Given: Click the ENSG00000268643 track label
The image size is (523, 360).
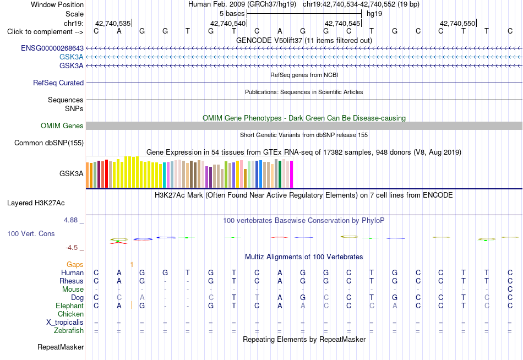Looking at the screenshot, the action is point(52,48).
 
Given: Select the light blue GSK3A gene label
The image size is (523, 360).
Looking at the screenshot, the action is point(72,57).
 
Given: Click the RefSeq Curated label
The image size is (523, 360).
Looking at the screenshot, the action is point(58,83).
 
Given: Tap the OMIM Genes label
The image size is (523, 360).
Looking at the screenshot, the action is point(62,126).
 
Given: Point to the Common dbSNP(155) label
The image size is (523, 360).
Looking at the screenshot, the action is point(49,143).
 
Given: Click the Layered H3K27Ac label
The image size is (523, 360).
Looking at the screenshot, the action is point(36,203).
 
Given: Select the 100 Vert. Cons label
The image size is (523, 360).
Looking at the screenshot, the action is point(31,233).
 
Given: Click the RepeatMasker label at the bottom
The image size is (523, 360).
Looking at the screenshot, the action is point(61,347).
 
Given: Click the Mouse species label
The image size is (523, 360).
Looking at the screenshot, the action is point(73,290).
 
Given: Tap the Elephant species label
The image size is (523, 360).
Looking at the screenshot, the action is point(70,306).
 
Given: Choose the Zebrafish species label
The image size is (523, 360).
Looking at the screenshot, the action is point(69,330).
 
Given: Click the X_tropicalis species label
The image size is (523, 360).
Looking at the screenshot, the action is point(65,323).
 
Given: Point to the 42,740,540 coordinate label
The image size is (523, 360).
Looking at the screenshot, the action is point(228,23).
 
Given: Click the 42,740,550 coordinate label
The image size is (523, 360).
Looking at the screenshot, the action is point(457,23).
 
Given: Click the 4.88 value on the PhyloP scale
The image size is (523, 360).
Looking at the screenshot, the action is point(70,220).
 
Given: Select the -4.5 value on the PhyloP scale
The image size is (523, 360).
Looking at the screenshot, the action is point(72,248).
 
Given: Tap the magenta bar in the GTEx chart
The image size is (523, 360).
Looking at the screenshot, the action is point(292,174).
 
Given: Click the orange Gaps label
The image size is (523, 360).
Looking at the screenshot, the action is point(75,265).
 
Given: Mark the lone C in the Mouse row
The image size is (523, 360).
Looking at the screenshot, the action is point(510,290).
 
